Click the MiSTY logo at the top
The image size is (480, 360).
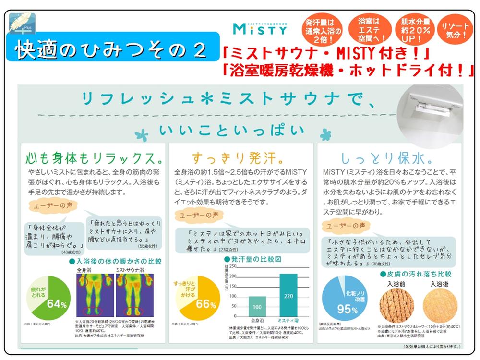point(260,28)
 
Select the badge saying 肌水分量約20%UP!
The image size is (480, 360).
point(415,30)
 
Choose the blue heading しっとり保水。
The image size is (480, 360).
point(387,157)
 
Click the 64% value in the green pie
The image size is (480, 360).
point(56,304)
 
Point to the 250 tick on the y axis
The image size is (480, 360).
point(234,266)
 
